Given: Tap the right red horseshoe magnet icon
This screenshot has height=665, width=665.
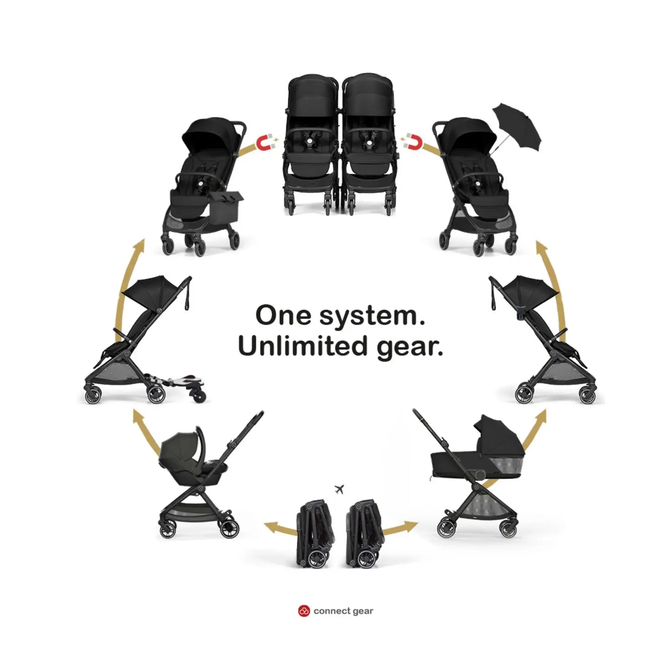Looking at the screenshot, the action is click(413, 142).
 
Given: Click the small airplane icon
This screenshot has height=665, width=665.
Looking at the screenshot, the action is click(339, 489).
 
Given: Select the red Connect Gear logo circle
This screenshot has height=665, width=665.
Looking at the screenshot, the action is click(303, 611).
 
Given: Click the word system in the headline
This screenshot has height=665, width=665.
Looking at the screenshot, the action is click(371, 316).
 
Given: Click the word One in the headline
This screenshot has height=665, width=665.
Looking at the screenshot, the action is click(283, 315).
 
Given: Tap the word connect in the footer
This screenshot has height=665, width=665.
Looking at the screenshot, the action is click(331, 611).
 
